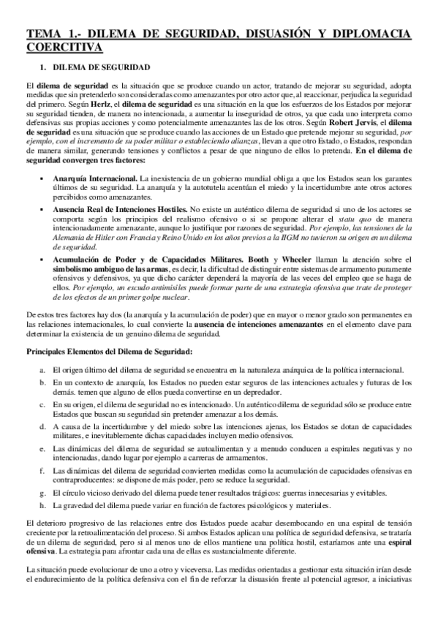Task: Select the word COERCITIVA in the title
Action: click(64, 47)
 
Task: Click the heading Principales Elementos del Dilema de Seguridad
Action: click(110, 352)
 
